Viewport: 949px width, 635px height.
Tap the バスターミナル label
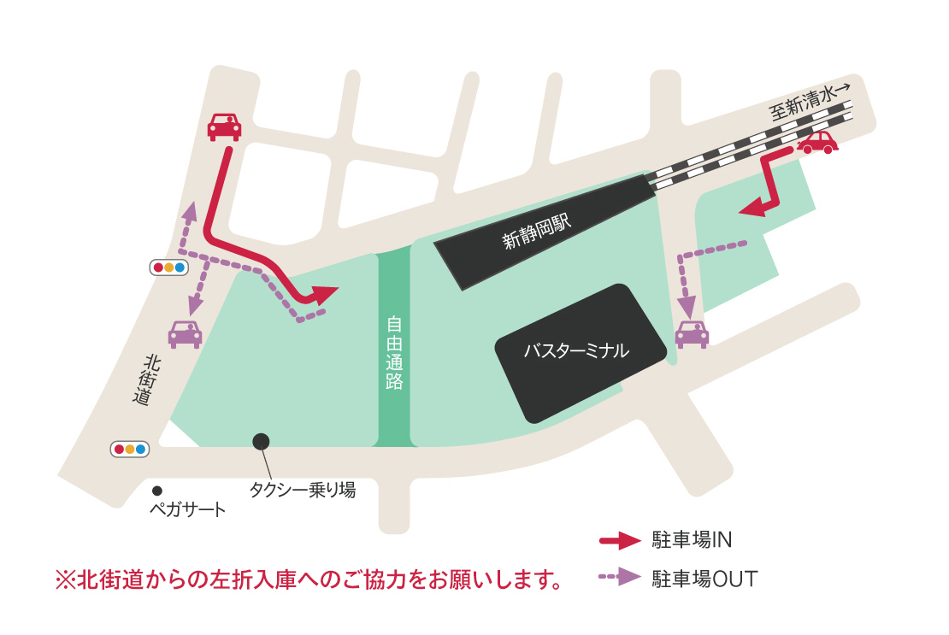click(x=576, y=350)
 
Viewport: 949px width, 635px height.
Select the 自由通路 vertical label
click(x=394, y=353)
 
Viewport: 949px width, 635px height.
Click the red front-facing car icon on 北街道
click(x=225, y=126)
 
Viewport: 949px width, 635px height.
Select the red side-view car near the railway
click(x=818, y=142)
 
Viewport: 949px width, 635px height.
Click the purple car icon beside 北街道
click(x=185, y=333)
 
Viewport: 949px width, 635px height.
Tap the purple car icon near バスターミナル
click(x=692, y=334)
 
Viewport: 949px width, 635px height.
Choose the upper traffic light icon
click(x=168, y=268)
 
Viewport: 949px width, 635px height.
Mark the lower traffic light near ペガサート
click(x=130, y=449)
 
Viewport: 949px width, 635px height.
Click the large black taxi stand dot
click(x=261, y=441)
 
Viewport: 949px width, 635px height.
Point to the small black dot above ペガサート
click(x=157, y=491)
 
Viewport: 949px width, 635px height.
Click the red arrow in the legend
click(x=620, y=540)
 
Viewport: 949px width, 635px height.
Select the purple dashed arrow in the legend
click(x=620, y=578)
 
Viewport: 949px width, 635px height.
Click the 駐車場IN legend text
click(x=693, y=540)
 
